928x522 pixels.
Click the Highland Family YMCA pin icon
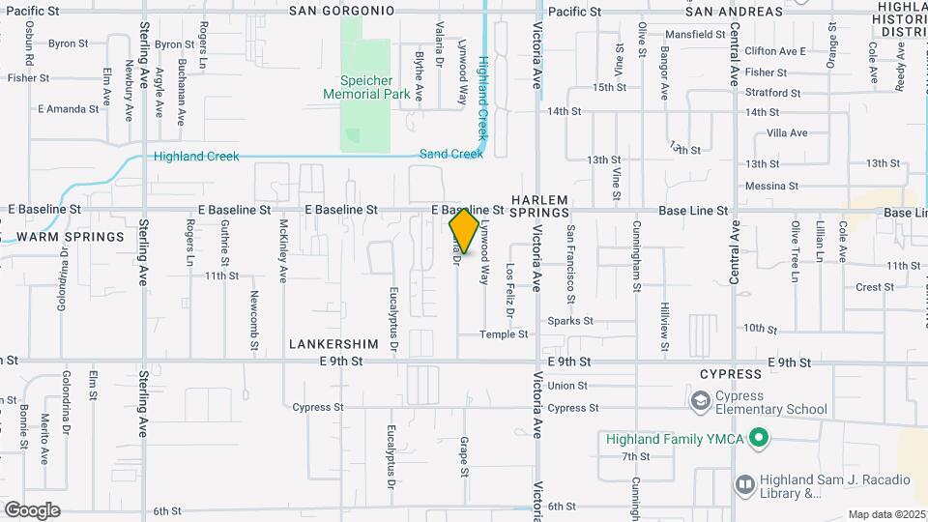tap(759, 439)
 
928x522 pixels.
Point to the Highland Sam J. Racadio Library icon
tap(745, 483)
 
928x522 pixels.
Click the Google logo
tap(32, 509)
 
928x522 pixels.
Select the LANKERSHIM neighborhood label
tap(327, 343)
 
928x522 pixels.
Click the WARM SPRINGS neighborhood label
tap(71, 236)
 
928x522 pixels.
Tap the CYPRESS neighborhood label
tap(730, 374)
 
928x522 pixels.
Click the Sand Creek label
tap(450, 154)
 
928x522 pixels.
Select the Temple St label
tap(506, 334)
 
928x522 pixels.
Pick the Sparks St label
tap(569, 321)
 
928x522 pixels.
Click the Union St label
tap(567, 386)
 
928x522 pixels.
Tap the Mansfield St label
tap(694, 34)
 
